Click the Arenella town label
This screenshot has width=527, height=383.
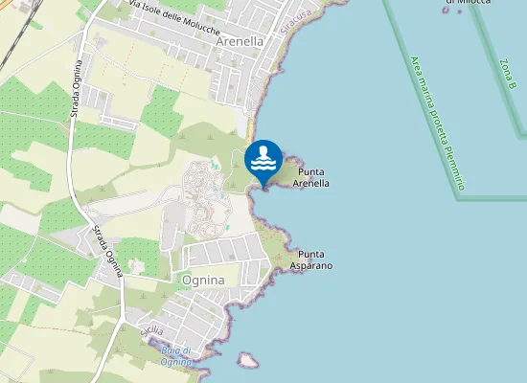(241, 42)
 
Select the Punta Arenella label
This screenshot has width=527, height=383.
(311, 177)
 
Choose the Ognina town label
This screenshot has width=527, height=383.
(202, 280)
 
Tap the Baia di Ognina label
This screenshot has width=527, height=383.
(178, 355)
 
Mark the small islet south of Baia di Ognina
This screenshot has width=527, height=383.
(248, 360)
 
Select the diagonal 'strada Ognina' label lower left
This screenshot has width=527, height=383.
(108, 251)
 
